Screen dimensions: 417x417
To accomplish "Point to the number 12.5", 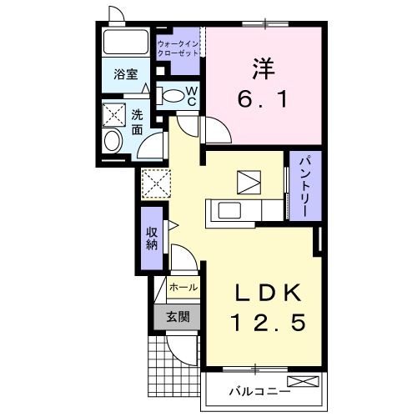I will click(264, 321).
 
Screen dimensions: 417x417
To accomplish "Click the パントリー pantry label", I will click(301, 185).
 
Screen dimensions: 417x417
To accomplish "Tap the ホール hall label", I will click(183, 287).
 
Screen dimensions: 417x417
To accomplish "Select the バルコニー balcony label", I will click(256, 390).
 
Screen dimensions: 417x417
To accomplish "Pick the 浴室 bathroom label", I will click(125, 74).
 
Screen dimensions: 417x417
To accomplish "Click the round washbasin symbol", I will click(112, 141).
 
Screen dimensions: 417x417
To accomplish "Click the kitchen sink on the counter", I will click(229, 210).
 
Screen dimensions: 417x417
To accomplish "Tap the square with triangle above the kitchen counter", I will click(249, 181).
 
